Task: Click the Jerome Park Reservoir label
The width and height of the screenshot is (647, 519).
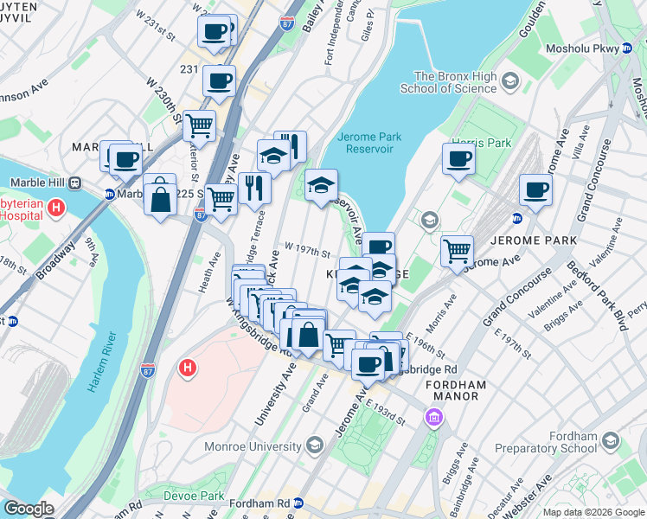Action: pos(365,143)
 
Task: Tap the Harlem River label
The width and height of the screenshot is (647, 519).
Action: pos(100,361)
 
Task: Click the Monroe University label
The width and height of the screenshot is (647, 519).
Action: pos(251,446)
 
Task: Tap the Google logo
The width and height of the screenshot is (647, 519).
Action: pos(29,509)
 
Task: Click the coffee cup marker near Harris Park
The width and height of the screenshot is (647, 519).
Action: pos(458,158)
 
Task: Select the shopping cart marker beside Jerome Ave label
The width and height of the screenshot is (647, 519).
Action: pos(457,251)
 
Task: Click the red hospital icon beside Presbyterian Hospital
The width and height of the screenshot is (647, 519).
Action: pos(56,208)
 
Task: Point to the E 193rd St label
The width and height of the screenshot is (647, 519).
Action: pos(385,411)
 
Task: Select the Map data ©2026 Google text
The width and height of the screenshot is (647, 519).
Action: pos(593,512)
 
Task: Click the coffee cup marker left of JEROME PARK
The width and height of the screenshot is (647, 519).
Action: pos(535,189)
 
